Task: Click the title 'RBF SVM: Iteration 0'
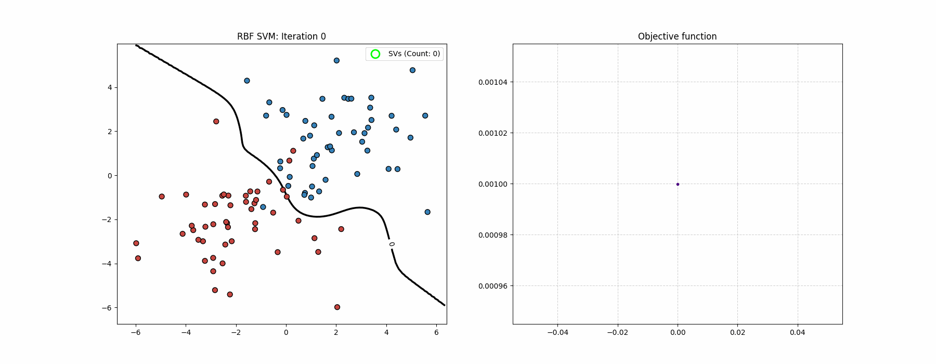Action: (281, 36)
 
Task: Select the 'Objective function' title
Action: (677, 36)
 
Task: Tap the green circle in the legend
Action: (375, 54)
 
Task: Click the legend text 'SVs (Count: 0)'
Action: (414, 54)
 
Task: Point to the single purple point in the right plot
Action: (678, 184)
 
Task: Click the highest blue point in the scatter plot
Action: (336, 61)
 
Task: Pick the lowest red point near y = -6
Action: (337, 307)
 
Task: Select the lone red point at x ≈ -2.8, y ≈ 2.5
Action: (216, 122)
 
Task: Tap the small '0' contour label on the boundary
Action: (392, 244)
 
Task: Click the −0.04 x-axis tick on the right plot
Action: (557, 332)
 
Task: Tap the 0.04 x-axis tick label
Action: (798, 332)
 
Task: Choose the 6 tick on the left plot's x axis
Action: (437, 332)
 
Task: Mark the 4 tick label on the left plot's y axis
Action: (110, 88)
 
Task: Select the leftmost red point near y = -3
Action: (136, 243)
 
